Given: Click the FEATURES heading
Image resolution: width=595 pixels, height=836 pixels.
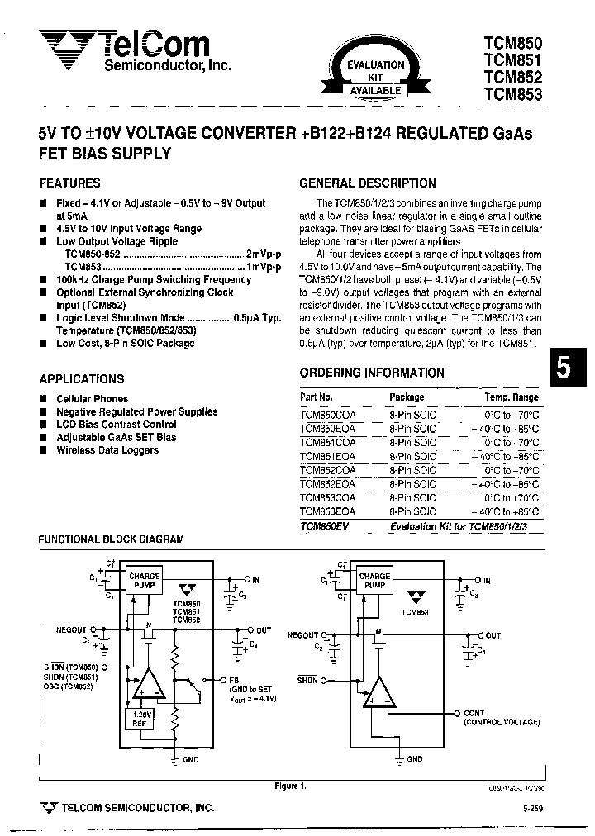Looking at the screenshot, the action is coord(70,183).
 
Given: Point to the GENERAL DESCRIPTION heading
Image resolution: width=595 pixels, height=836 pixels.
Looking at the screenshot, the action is coord(367,183).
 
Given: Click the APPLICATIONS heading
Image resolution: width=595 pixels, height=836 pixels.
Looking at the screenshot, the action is coord(82,379).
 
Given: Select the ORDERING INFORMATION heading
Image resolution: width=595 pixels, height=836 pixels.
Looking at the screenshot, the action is coord(372,373).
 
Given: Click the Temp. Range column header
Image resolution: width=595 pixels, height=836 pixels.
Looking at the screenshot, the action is coord(511,397).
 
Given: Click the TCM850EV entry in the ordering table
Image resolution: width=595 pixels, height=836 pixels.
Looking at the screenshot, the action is coord(324,527).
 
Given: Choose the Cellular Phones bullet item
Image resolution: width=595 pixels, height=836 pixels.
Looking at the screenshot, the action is coord(92,399).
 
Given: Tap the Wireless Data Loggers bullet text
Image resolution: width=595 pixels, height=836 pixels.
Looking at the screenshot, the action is coord(107,450).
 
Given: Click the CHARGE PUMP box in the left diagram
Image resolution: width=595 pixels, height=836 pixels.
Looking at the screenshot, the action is coord(144,581).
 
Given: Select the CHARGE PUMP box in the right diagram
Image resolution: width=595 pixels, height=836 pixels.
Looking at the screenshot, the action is coord(374,581).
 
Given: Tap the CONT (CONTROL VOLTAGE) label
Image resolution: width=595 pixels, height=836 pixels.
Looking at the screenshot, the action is coord(501,717).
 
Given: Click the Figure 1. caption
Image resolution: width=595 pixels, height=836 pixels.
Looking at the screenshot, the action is coord(289,786).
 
